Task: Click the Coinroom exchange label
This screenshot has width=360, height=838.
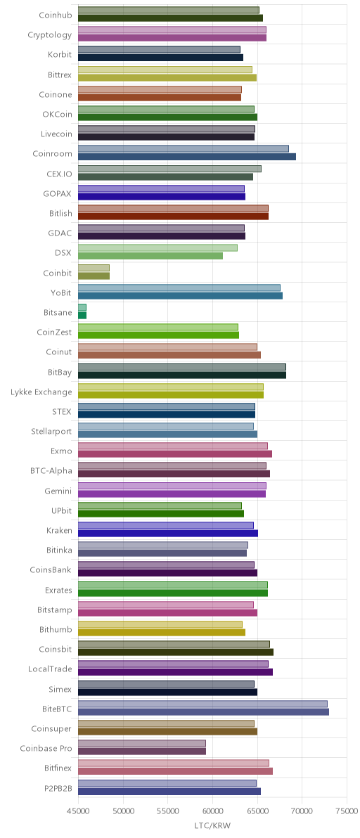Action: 52,153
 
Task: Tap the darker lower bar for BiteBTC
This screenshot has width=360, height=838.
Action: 203,712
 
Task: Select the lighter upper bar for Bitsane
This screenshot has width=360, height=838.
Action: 82,307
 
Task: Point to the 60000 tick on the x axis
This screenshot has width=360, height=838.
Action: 212,810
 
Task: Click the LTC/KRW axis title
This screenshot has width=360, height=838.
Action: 212,826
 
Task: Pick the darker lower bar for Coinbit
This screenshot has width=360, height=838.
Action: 94,276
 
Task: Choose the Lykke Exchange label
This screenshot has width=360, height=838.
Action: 41,392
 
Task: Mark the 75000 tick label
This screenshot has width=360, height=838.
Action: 347,810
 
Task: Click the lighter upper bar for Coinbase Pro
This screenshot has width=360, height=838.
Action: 142,743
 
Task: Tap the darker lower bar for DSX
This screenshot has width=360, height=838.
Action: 150,256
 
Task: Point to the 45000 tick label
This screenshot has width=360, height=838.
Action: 79,810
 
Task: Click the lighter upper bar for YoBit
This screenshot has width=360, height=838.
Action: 179,288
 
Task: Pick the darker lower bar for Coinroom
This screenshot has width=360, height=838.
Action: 187,157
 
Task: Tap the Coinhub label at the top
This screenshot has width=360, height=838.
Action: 56,15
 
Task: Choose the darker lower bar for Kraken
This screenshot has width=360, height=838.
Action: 168,534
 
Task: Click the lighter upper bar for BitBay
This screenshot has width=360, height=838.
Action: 182,367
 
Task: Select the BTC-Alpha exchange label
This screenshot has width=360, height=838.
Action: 51,471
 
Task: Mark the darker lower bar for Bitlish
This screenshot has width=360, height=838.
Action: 174,217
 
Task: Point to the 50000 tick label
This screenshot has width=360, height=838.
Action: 123,810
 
